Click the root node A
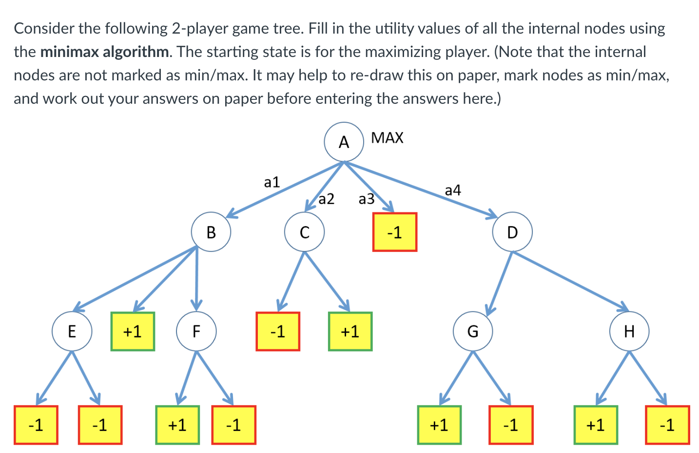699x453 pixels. click(344, 142)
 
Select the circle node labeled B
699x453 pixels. click(211, 232)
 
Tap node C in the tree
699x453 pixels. click(305, 232)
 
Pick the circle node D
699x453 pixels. click(512, 232)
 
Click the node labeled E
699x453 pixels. click(72, 331)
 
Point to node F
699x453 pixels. click(196, 331)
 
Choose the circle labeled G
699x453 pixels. click(473, 331)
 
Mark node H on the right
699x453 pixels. click(629, 331)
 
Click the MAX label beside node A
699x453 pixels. click(387, 138)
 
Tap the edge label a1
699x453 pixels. click(272, 182)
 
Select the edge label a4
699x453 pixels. click(453, 190)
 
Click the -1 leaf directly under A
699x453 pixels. click(394, 232)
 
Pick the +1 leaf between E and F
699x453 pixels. click(133, 331)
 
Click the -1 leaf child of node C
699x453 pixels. click(278, 331)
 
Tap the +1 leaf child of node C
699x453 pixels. click(350, 331)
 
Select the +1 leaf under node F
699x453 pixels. click(177, 425)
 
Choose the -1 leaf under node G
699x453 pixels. click(511, 425)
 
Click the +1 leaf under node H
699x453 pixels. click(596, 425)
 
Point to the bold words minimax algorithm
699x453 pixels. click(105, 52)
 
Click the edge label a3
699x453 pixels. click(367, 199)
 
